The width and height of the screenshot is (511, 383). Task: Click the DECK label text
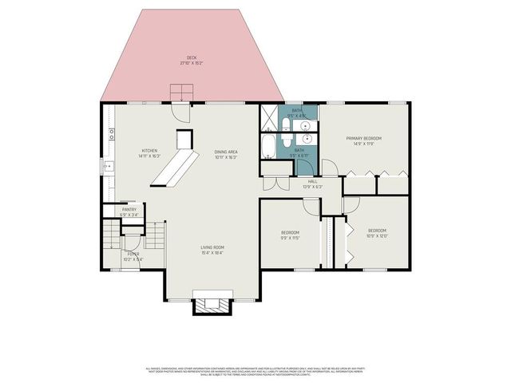pos(192,57)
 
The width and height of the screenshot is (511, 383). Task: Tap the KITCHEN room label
pos(149,151)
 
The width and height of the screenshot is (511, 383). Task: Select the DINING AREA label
pos(226,152)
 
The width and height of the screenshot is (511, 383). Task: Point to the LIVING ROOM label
pos(212,247)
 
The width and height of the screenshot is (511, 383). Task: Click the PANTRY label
pos(129,210)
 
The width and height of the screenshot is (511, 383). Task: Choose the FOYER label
pos(133,255)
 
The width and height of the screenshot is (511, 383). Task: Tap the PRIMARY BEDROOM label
pos(363,139)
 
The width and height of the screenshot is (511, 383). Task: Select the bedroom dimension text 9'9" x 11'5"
pos(289,237)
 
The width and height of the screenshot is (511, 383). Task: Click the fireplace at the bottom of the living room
pos(212,304)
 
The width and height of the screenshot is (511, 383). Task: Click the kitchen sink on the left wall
pos(107,166)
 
